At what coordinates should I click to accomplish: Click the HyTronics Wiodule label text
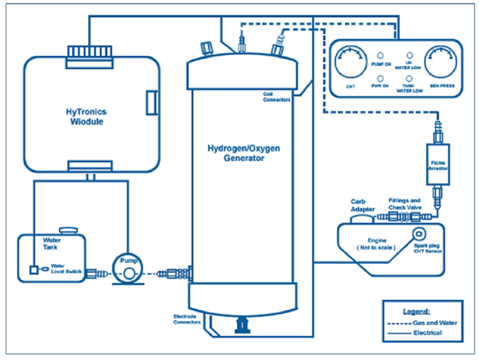pos(86,116)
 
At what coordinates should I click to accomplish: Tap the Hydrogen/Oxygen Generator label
pos(243,153)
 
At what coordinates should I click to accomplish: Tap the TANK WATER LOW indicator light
pos(409,78)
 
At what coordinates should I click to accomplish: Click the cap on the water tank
pos(68,230)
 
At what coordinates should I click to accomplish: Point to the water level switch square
pos(33,270)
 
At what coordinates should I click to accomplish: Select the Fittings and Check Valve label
pos(404,204)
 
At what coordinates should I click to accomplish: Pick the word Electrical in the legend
pos(427,332)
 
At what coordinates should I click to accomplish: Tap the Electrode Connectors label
pos(187,319)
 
